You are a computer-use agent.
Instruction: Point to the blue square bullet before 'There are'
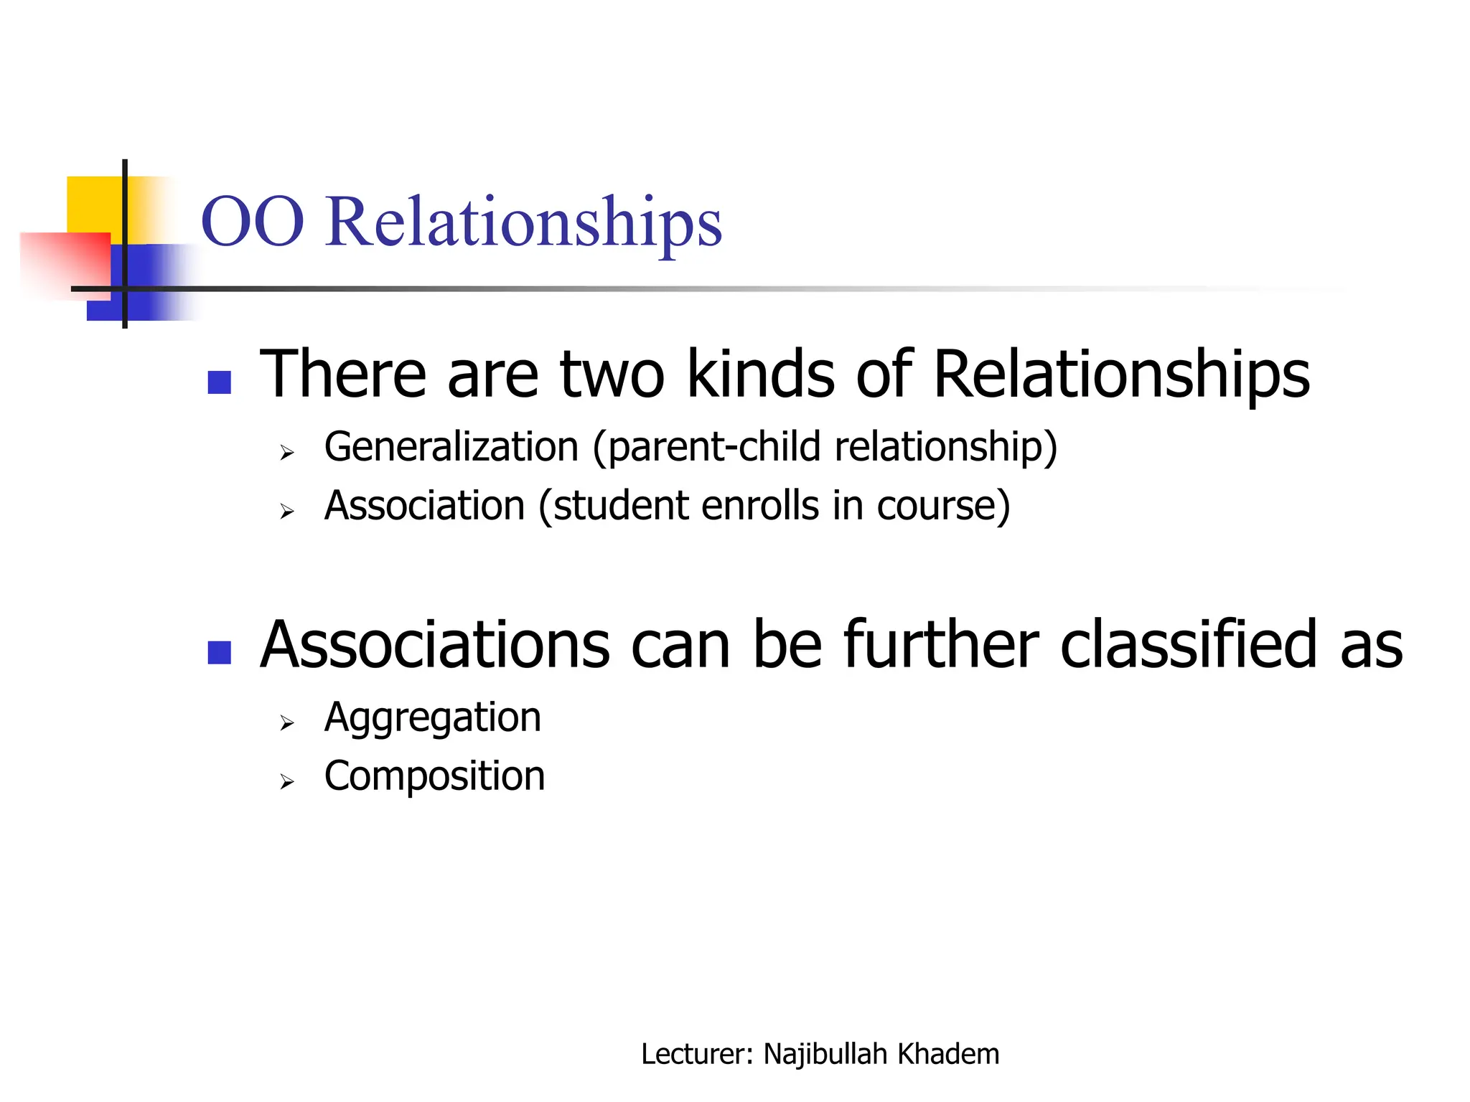pyautogui.click(x=219, y=382)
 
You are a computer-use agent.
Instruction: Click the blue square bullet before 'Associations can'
pyautogui.click(x=219, y=652)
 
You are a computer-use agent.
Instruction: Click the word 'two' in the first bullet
pyautogui.click(x=612, y=375)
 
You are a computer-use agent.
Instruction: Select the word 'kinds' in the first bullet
pyautogui.click(x=761, y=375)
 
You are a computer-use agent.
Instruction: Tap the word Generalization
pyautogui.click(x=451, y=447)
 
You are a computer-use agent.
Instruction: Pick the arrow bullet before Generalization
pyautogui.click(x=287, y=453)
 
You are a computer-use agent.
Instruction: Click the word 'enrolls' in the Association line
pyautogui.click(x=759, y=506)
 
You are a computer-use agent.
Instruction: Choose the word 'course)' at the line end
pyautogui.click(x=943, y=506)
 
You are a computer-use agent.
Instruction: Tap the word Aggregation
pyautogui.click(x=433, y=718)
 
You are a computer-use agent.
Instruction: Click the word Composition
pyautogui.click(x=435, y=776)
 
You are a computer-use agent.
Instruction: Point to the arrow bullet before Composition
pyautogui.click(x=287, y=782)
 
